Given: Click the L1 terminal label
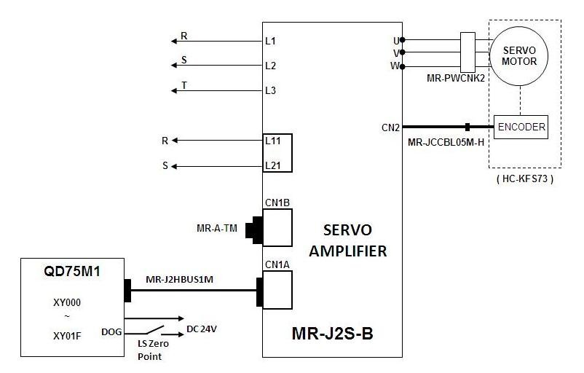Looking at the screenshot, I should coord(271,42).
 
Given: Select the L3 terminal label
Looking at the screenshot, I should coord(271,90).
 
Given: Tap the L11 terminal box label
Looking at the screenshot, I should coord(273,140).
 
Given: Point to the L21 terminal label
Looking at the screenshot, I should coord(273,165).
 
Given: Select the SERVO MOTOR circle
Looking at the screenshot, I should coord(520,56).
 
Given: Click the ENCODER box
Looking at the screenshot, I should coord(521,127).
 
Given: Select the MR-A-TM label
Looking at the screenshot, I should coord(217,229).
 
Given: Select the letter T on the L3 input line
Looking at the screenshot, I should coord(184,85).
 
